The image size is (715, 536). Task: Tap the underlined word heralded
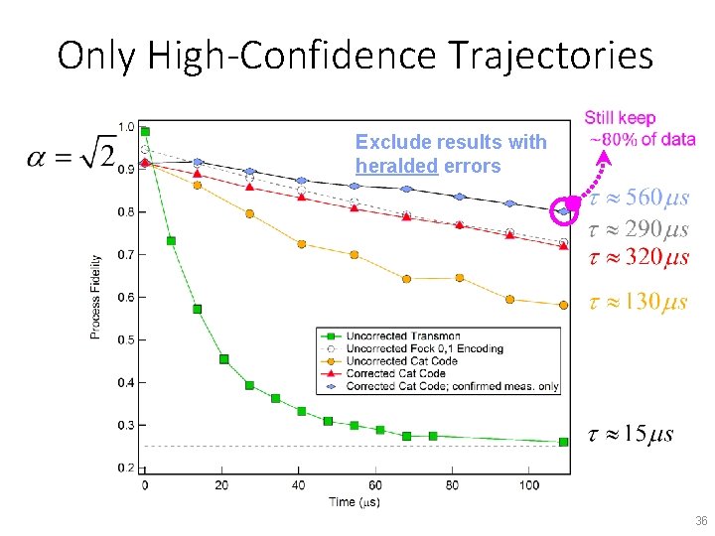[x=396, y=166]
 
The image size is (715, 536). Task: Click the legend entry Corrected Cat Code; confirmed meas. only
[x=452, y=386]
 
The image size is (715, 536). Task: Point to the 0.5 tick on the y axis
[x=126, y=340]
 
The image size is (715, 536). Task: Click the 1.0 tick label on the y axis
[x=126, y=127]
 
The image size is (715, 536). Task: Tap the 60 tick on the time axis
[x=376, y=485]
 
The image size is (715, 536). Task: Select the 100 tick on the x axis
[x=528, y=485]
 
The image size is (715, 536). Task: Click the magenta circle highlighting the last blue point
[x=564, y=210]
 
